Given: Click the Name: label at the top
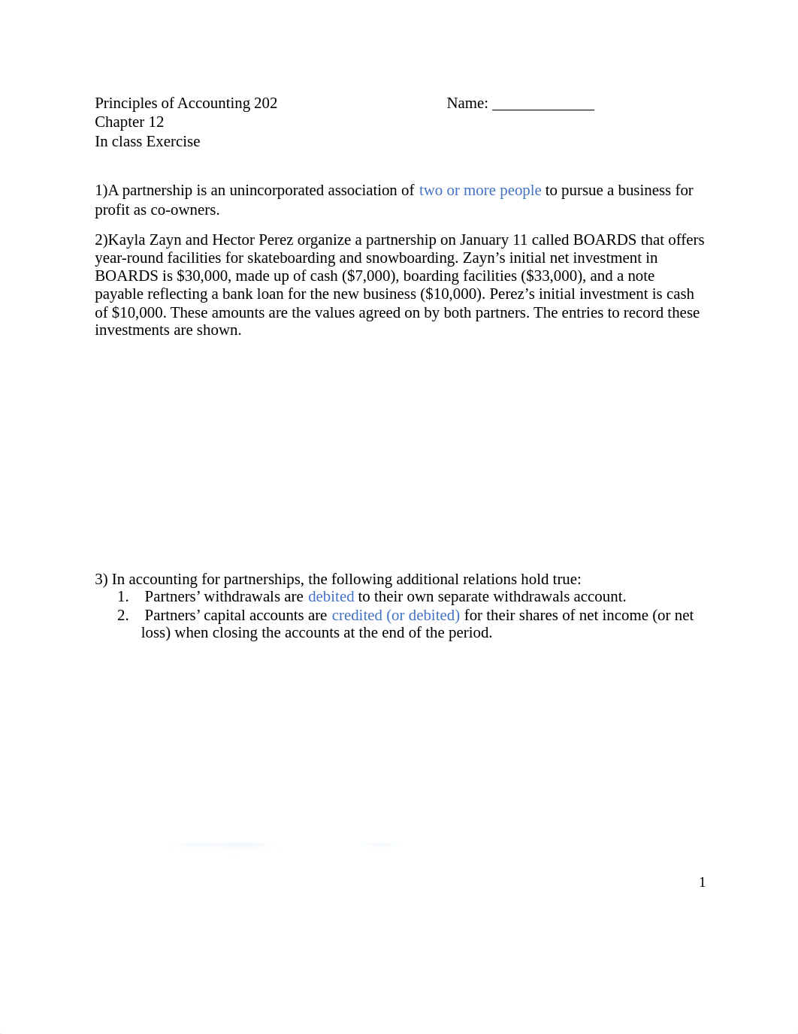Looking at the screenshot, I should click(467, 103).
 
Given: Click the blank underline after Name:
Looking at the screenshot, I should click(543, 104).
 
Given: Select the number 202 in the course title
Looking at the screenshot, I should click(265, 103).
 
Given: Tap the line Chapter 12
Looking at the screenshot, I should click(129, 122).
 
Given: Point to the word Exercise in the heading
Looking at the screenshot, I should click(173, 141).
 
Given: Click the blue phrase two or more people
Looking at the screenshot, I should click(479, 190).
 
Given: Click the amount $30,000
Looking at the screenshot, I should click(202, 276).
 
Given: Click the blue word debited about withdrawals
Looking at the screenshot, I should click(331, 596).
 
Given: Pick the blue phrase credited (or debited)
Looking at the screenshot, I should click(395, 615).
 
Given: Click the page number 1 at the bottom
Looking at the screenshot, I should click(702, 882).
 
